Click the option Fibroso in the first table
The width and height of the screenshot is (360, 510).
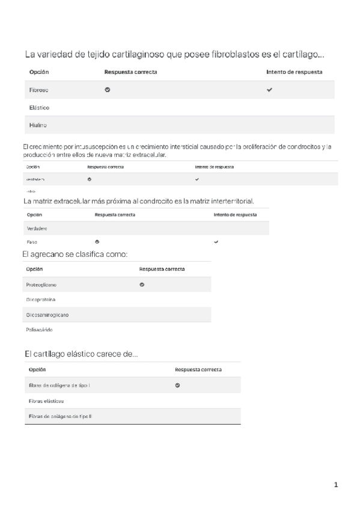(x=39, y=90)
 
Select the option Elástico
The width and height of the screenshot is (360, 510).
(x=39, y=108)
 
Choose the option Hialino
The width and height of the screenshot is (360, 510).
(x=38, y=125)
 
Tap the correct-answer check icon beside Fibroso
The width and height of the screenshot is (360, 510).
(x=108, y=90)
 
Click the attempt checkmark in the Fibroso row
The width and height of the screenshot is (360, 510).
(x=269, y=90)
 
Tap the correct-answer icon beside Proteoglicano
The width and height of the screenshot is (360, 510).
(x=142, y=284)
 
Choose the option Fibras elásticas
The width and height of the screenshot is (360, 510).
(x=46, y=401)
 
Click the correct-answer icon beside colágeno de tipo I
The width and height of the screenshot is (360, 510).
(x=177, y=385)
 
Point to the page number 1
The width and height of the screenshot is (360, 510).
(x=336, y=484)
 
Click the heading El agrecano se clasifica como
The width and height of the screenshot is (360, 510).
(x=75, y=254)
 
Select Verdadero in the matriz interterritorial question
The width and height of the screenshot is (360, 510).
(x=37, y=229)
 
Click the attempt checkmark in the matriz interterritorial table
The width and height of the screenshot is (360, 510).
(x=216, y=242)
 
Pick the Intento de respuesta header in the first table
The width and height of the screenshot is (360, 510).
(x=294, y=72)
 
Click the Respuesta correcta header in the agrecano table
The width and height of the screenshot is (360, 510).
(x=162, y=269)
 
